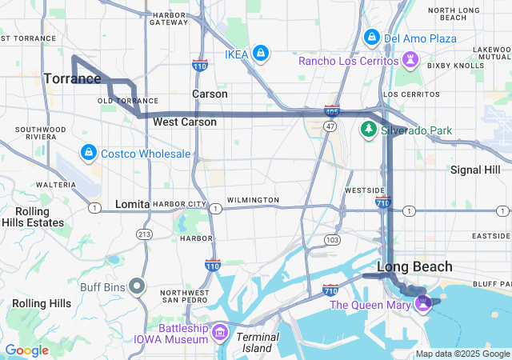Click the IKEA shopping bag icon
point(260,54)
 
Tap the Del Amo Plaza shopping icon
point(372,38)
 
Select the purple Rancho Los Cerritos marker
point(410,61)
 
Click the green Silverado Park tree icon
point(369,129)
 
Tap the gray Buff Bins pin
point(138,286)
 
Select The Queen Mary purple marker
point(423,303)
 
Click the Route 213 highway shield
point(144,234)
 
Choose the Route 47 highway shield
point(330,126)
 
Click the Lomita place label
point(133,204)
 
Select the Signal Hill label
point(475,170)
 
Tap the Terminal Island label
point(258,342)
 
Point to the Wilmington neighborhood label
point(253,199)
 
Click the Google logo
point(27,350)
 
